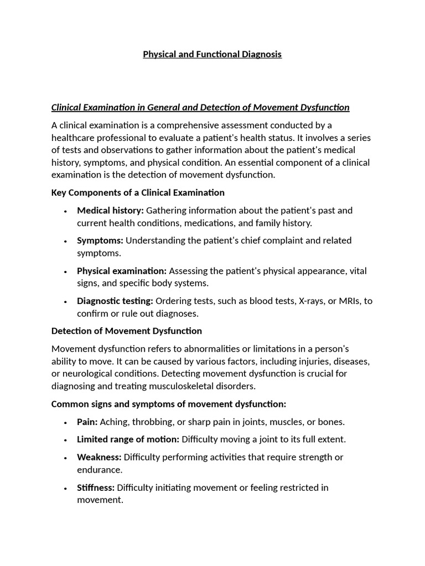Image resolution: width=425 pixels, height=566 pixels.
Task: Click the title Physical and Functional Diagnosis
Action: tap(212, 54)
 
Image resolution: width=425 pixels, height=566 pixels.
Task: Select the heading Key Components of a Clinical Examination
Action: tap(138, 192)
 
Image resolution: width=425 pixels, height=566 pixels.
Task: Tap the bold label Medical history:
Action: tap(110, 210)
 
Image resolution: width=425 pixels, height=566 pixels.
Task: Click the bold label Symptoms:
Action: tap(100, 240)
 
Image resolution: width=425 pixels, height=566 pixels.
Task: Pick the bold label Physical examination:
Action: tap(122, 271)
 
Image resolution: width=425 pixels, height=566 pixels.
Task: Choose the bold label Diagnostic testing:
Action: tap(115, 301)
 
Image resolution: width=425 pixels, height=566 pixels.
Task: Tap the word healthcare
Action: tap(75, 138)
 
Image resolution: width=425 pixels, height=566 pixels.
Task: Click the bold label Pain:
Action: tap(87, 422)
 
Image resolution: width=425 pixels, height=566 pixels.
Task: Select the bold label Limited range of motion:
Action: tap(128, 439)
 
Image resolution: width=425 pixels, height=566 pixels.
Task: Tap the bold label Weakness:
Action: tap(99, 457)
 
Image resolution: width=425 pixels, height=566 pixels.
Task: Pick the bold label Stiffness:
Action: tap(96, 488)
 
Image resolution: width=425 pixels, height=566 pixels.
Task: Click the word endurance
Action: tap(100, 470)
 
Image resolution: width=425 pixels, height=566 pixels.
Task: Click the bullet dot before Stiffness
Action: tap(65, 488)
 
